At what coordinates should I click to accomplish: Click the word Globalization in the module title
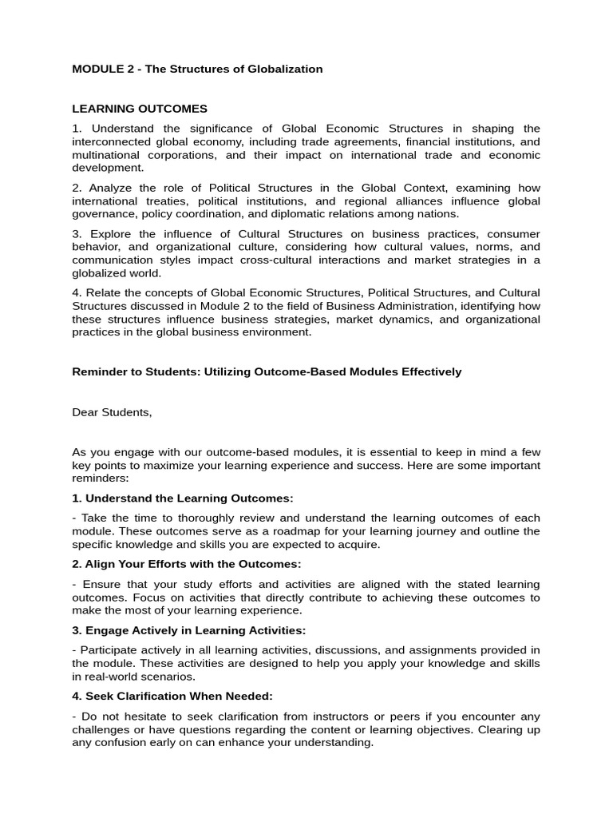tap(283, 69)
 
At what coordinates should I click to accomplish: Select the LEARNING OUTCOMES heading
tap(140, 108)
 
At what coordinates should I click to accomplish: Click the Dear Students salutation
tap(111, 412)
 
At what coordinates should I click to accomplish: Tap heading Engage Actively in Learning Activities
tap(189, 630)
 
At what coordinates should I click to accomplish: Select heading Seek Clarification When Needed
tap(172, 696)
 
